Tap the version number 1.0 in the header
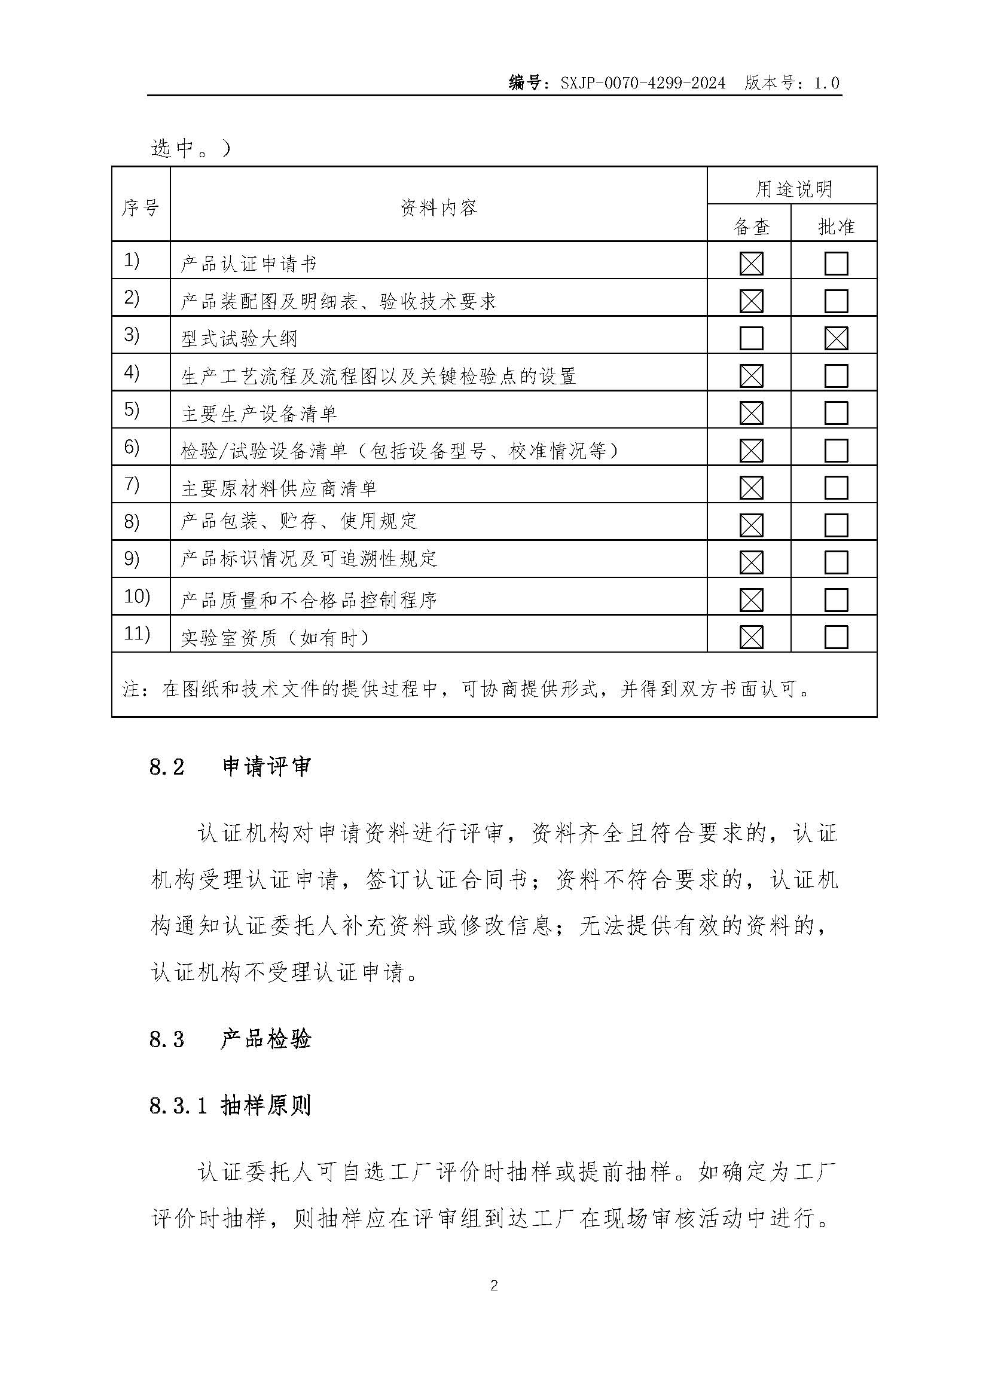coord(826,83)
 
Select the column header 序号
coord(141,207)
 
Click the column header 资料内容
coord(438,207)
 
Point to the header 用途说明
coord(793,189)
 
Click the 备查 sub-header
coord(752,227)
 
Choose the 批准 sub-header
coord(836,227)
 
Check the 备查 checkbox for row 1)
coord(751,264)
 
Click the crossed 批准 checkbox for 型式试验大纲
coord(836,338)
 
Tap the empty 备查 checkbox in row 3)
coord(751,338)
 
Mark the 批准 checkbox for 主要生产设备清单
coord(836,414)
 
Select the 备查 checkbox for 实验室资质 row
coord(751,638)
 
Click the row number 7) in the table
coord(132,484)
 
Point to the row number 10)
coord(136,596)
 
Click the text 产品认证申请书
coord(249,264)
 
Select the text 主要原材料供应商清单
coord(279,488)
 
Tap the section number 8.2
coord(166,767)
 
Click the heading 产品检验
coord(266,1039)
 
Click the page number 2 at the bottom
coord(494,1286)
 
